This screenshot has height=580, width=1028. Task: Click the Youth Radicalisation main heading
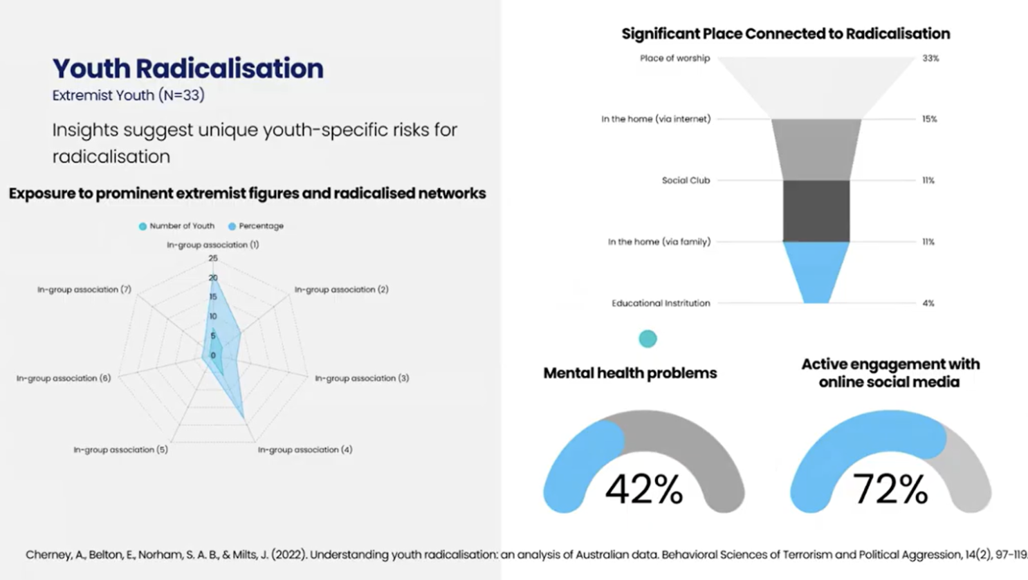[x=187, y=68]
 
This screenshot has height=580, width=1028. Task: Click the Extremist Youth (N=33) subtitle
[x=128, y=95]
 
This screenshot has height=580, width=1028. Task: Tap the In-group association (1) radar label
[x=212, y=245]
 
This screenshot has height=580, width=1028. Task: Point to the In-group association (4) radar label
[x=304, y=449]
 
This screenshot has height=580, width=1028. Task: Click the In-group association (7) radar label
[x=84, y=290]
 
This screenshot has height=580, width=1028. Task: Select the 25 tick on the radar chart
[x=213, y=259]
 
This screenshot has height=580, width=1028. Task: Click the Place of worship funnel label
[x=674, y=58]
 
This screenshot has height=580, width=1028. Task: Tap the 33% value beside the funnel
[x=930, y=59]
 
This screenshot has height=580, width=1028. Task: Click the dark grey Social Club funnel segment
[x=816, y=211]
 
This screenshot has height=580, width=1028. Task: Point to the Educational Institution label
[x=660, y=303]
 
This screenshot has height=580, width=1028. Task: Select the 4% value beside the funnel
[x=928, y=303]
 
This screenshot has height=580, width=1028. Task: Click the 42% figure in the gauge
[x=643, y=489]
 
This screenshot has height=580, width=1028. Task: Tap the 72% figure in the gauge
[x=890, y=489]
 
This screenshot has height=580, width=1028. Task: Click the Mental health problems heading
[x=630, y=373]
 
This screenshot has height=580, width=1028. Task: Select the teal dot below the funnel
[x=648, y=339]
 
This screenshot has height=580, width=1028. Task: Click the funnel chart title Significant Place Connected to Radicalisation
[x=785, y=34]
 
